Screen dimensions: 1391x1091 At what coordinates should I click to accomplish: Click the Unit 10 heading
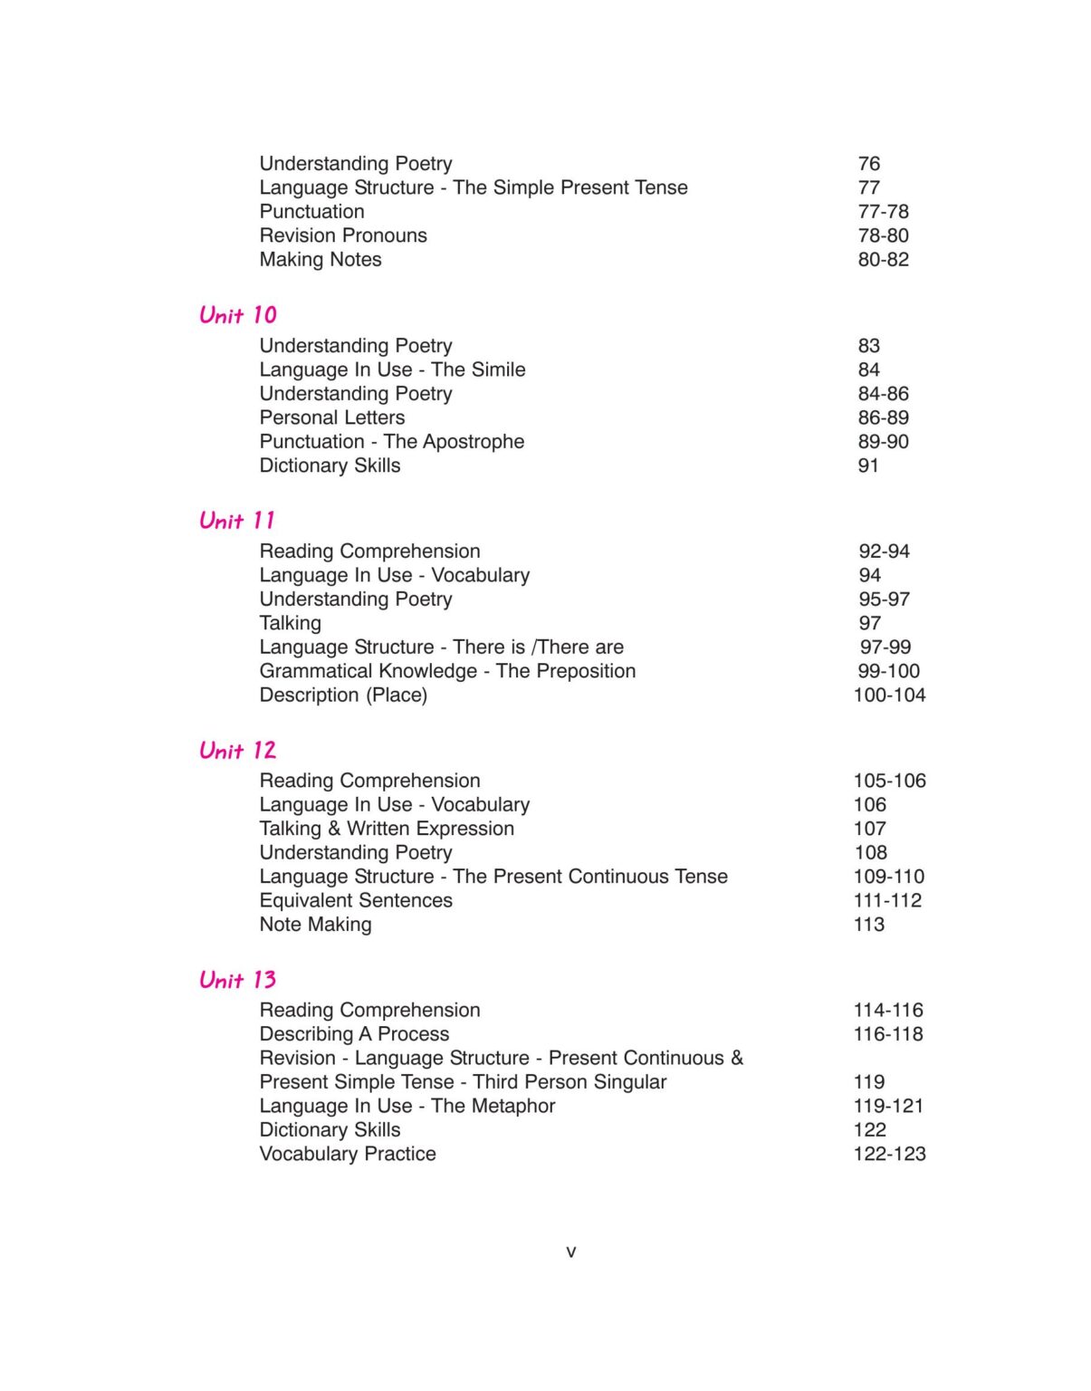(x=238, y=315)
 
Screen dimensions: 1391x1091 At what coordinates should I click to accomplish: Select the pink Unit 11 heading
(x=237, y=521)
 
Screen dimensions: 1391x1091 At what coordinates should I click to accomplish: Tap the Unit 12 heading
(x=238, y=751)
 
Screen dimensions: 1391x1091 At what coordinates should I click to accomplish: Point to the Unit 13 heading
(x=238, y=980)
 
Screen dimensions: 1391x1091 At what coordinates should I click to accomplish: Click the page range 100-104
(x=889, y=695)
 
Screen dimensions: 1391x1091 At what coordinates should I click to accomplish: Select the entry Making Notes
(x=321, y=260)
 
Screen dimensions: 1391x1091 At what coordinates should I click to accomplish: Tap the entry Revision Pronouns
(x=343, y=235)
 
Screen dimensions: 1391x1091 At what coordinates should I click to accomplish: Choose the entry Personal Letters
(x=332, y=417)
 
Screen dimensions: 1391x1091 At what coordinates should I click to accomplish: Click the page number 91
(x=868, y=465)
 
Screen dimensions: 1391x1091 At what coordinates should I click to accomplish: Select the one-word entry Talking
(x=290, y=623)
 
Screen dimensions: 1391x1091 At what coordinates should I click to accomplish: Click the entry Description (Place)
(x=343, y=695)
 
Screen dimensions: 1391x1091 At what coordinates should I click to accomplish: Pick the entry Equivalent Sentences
(x=356, y=901)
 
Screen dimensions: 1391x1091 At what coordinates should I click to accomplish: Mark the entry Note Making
(x=315, y=925)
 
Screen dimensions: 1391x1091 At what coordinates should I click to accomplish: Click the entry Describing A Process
(x=354, y=1034)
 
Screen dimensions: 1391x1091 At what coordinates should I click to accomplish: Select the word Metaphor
(x=512, y=1106)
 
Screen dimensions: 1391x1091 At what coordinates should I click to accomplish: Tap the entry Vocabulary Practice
(x=348, y=1154)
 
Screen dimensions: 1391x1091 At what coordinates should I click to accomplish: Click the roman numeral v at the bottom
(x=570, y=1252)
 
